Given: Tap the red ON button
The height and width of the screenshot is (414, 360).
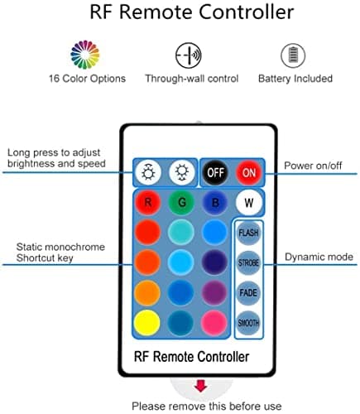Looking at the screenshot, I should pyautogui.click(x=248, y=172).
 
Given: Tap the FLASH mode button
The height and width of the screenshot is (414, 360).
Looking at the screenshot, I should pyautogui.click(x=248, y=233).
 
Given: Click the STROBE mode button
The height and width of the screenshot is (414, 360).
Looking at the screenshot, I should pyautogui.click(x=248, y=264).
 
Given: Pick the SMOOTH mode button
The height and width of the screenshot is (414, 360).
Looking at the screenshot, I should pyautogui.click(x=248, y=323).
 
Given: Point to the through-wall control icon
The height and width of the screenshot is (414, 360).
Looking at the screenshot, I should pyautogui.click(x=188, y=55).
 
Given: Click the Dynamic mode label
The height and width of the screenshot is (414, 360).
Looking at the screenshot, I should pyautogui.click(x=320, y=258).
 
